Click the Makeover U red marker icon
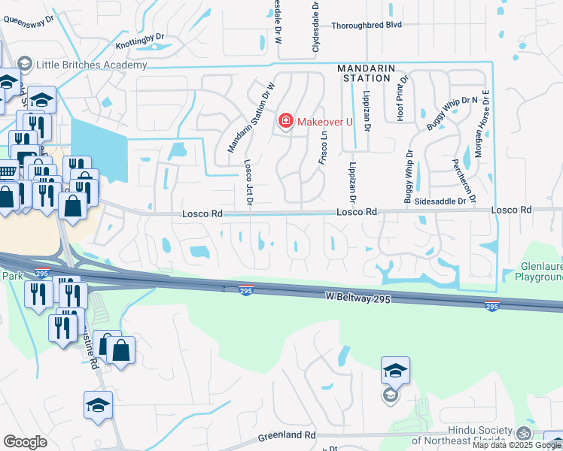click(x=285, y=120)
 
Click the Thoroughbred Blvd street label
click(x=367, y=25)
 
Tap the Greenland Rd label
click(x=287, y=436)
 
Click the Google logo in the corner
click(x=25, y=441)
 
